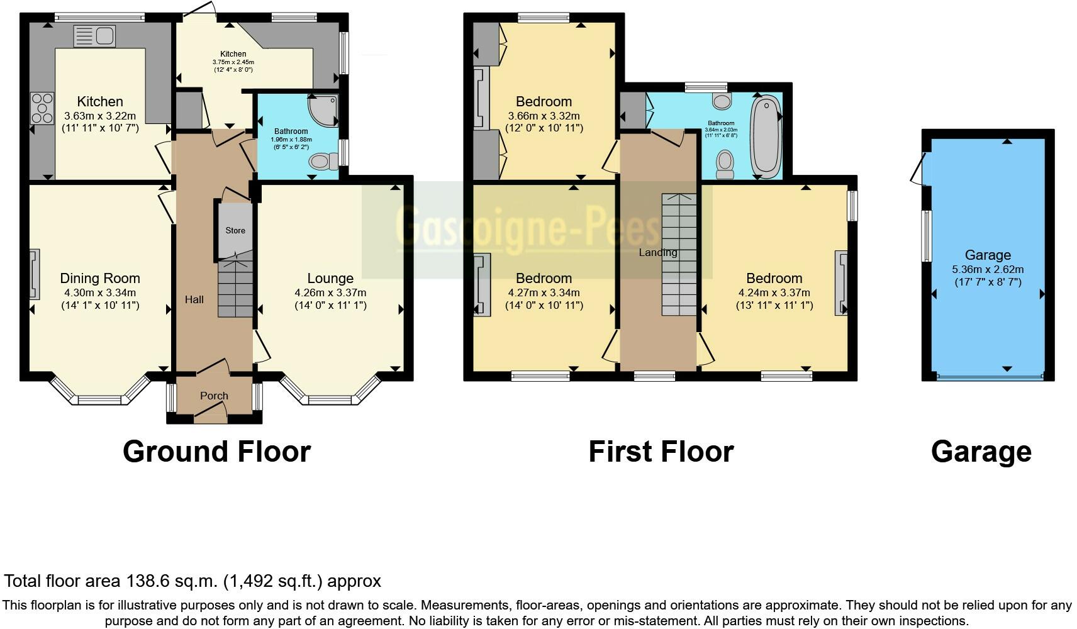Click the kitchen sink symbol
coord(93,36)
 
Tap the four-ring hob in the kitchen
coord(42,108)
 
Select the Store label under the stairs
coord(235,230)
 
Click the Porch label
coord(214,396)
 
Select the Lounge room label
coord(330,278)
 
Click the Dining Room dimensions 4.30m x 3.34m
coord(99,292)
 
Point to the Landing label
coord(657,252)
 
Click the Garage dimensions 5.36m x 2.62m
coord(987,269)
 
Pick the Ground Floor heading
coord(216,452)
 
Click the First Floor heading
coord(661,452)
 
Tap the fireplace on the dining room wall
coord(35,274)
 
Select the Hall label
coord(194,299)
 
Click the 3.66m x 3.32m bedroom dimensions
coord(544,116)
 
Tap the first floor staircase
coord(679,255)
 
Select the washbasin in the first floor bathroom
coord(722,101)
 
